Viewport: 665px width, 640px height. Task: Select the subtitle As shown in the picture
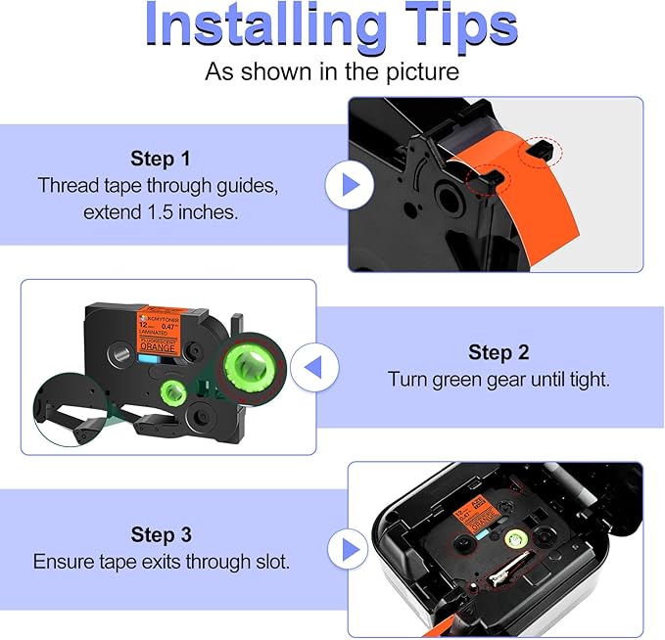[331, 71]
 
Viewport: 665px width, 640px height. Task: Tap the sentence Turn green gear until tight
[499, 379]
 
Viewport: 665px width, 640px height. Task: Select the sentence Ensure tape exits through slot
[161, 562]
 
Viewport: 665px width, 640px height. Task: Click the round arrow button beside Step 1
[348, 184]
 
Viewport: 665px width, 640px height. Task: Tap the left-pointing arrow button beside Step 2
[315, 366]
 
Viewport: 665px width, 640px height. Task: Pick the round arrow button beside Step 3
[348, 550]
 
